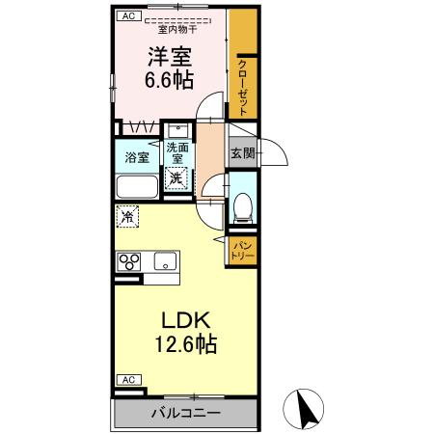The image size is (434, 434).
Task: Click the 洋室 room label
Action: point(170,55)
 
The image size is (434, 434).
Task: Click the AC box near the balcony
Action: point(127,379)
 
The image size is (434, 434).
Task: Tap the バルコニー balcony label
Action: point(185,413)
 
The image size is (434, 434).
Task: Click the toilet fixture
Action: point(242,205)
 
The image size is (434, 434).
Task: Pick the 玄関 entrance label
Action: point(242,152)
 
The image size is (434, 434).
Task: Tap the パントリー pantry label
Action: point(242,252)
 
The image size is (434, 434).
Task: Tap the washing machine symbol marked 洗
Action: point(175,177)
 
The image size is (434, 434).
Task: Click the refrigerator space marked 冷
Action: point(126,216)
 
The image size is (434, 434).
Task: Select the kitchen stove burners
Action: point(129,261)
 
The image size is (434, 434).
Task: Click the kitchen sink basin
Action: point(165,260)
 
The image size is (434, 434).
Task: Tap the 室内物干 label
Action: point(176,29)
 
